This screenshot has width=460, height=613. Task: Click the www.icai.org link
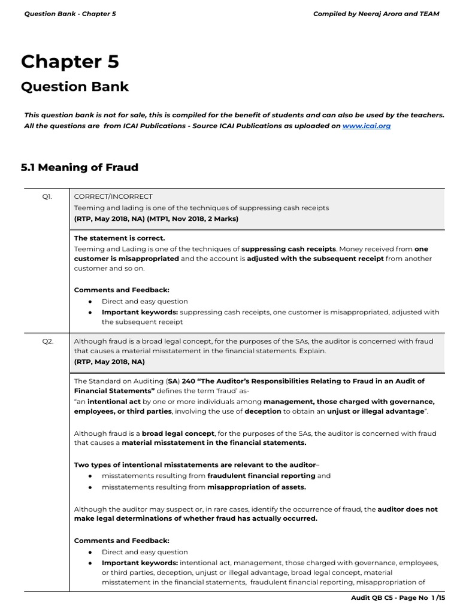[366, 126]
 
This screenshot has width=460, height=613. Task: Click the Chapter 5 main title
[69, 62]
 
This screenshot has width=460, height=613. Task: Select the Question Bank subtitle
[74, 86]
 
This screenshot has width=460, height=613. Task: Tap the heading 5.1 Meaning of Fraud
[79, 167]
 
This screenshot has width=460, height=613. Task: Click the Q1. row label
[47, 196]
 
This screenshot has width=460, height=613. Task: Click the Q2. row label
[47, 341]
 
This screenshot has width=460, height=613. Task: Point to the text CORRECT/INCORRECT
[113, 196]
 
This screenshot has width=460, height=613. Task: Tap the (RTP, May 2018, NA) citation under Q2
[109, 362]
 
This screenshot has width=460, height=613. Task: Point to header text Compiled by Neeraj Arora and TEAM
[376, 14]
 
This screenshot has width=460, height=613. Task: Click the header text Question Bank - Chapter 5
[69, 14]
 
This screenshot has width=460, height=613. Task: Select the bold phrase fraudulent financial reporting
[261, 475]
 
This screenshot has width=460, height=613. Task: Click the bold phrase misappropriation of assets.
[256, 487]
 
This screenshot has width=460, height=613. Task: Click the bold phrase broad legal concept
[178, 433]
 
